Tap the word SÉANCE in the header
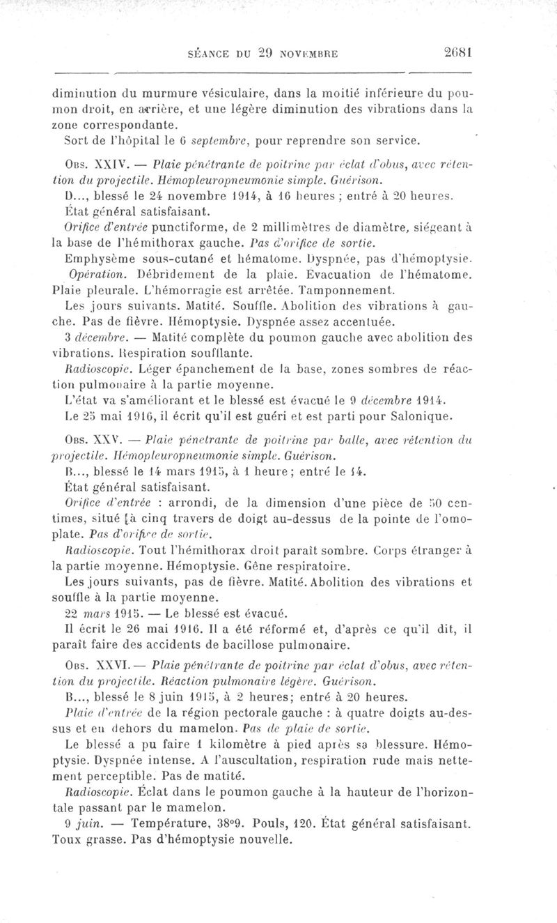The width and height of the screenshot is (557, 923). tap(210, 52)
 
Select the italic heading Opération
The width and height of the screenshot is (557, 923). tap(93, 273)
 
